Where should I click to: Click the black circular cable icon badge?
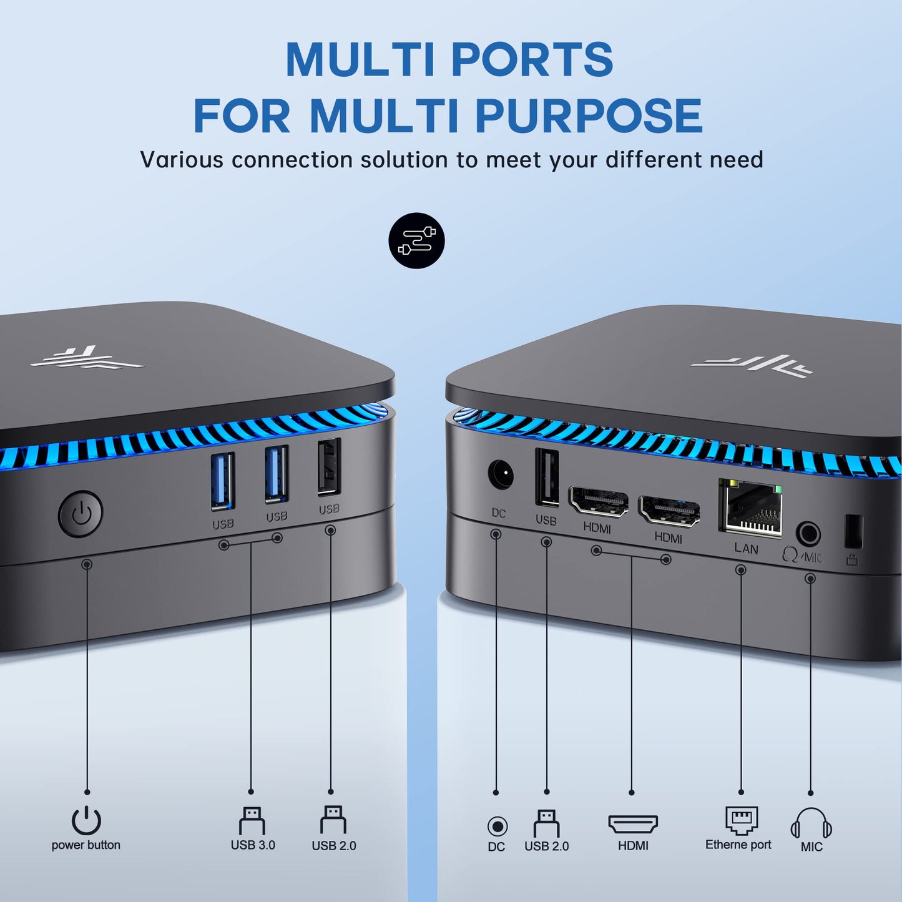[x=416, y=240]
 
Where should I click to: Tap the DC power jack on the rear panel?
[x=501, y=475]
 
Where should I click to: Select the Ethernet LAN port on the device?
[x=750, y=508]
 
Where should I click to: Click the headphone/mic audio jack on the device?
[x=808, y=534]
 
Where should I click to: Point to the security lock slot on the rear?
[x=853, y=532]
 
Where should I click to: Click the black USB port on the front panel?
[x=329, y=467]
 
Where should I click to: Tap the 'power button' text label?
[x=86, y=845]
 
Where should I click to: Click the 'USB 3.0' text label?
[x=253, y=845]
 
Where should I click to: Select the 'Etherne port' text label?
[x=738, y=845]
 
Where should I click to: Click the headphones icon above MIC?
[x=811, y=823]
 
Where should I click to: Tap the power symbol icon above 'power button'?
[x=86, y=820]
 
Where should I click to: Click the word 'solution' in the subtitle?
[x=404, y=160]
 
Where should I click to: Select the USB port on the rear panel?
[x=547, y=478]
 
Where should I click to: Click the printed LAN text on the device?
[x=746, y=548]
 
